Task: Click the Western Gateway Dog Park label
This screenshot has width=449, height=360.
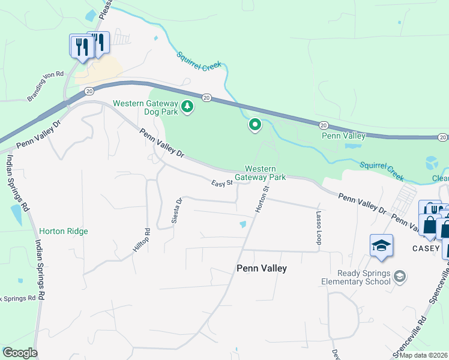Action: tap(146, 107)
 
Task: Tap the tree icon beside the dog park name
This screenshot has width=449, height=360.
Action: tap(188, 107)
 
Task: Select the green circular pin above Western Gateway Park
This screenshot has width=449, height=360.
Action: tap(255, 125)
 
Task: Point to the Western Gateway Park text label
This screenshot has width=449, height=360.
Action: tap(260, 173)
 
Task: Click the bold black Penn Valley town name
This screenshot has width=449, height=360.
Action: tap(261, 268)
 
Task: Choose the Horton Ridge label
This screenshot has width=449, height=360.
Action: tap(64, 231)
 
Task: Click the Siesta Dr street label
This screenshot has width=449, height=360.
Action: tap(176, 211)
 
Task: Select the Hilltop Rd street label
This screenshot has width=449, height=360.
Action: tap(140, 240)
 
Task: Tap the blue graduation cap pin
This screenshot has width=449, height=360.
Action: tap(381, 246)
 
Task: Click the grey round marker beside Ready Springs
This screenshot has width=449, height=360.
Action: tap(400, 277)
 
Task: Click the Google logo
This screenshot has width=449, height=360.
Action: tap(20, 353)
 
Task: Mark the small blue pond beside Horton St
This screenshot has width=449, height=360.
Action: tap(243, 224)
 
